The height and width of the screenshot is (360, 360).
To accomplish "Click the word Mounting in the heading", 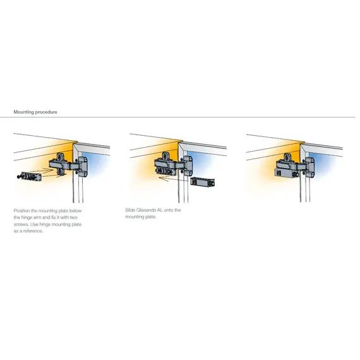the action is [x=24, y=112].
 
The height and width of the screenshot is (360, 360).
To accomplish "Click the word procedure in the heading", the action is [x=46, y=112].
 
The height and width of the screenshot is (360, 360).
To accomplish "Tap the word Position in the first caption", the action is [x=22, y=211].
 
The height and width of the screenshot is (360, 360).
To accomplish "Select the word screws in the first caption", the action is [x=21, y=224].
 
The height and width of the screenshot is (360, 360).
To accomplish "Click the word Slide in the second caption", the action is [x=130, y=210].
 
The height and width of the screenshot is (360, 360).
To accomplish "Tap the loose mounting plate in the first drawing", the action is [x=32, y=177].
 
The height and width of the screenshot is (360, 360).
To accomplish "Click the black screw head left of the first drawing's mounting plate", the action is [x=18, y=177].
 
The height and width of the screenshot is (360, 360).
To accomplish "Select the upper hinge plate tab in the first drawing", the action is [x=60, y=157].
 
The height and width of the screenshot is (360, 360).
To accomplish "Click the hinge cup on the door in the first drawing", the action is [x=83, y=167].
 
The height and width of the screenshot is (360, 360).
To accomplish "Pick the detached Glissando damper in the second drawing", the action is [x=203, y=182].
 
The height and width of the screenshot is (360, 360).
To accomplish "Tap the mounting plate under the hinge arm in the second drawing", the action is [x=164, y=171].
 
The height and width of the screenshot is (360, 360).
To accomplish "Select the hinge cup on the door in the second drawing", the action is [x=188, y=165].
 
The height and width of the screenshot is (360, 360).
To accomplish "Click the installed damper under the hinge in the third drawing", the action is [x=286, y=172].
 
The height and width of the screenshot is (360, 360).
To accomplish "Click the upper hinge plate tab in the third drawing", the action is [x=287, y=158].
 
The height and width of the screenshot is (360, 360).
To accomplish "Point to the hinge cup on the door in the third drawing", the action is [x=310, y=167].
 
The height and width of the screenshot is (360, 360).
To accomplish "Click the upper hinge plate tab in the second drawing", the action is [x=165, y=156].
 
